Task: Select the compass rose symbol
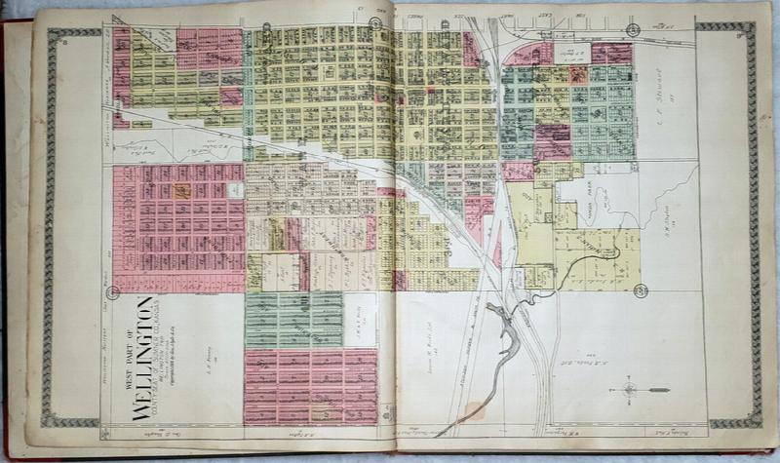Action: [x=629, y=389]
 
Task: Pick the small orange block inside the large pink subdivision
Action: [x=180, y=192]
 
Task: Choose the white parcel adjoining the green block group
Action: [x=360, y=320]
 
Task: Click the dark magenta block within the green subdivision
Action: [x=553, y=141]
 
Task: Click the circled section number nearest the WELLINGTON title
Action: [x=113, y=291]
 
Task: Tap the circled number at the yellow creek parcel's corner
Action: [x=640, y=290]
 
